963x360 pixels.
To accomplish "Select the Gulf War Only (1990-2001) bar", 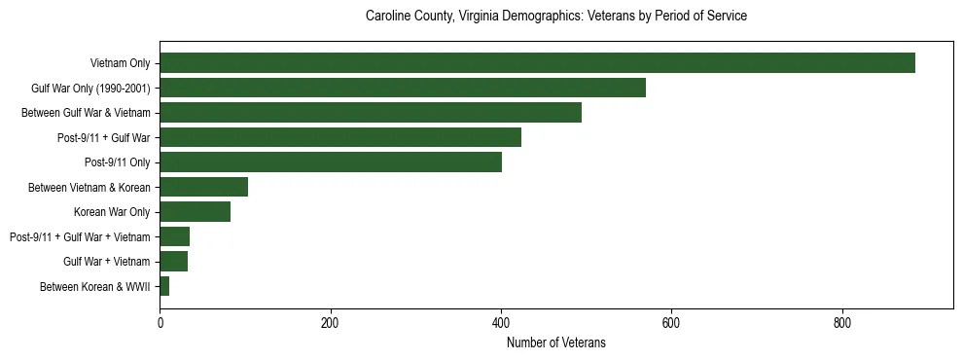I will (403, 88).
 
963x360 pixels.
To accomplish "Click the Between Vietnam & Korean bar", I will (203, 187).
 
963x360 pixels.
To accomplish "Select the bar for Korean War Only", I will (195, 212).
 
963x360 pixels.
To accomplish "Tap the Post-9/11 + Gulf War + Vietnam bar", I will (174, 236).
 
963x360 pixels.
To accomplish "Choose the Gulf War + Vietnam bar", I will (173, 262).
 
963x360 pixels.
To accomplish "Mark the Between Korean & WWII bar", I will (164, 286).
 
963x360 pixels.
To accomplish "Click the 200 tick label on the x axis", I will (331, 324).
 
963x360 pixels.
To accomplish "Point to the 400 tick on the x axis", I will (501, 324).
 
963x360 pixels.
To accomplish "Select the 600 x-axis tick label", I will (671, 324).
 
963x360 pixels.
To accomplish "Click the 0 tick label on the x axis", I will (160, 324).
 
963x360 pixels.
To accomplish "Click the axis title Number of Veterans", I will (556, 342).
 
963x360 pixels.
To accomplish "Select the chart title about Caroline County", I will (556, 17).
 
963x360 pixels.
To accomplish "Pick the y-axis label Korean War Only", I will (112, 212).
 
